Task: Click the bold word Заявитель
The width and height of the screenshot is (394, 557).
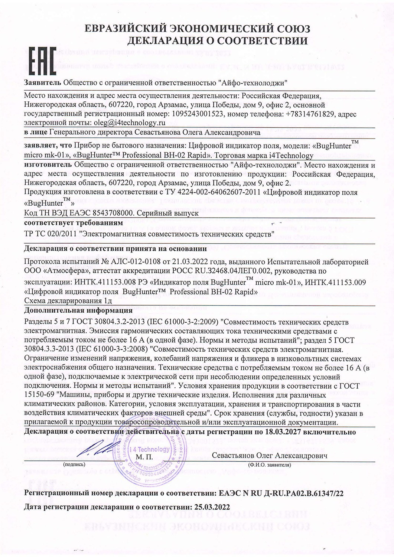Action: [x=43, y=82]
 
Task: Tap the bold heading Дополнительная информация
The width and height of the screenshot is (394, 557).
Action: [x=78, y=310]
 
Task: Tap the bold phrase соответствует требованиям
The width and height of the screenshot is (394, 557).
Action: [x=73, y=223]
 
